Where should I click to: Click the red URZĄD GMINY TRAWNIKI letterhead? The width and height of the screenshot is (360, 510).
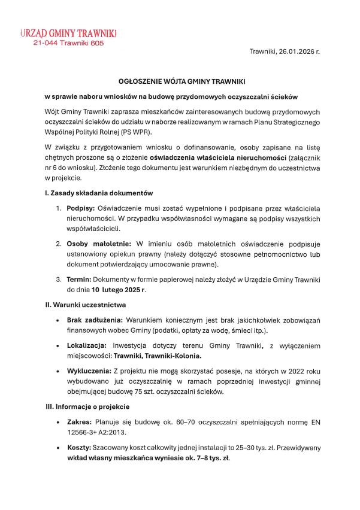(x=68, y=33)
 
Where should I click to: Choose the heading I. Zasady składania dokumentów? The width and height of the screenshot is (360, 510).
(x=99, y=193)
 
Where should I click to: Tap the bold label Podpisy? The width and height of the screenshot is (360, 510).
(x=81, y=208)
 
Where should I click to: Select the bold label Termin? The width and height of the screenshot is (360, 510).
(x=78, y=280)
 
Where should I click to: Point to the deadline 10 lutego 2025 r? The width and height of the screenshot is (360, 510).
(x=119, y=290)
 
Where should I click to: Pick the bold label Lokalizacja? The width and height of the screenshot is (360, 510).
(x=87, y=346)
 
